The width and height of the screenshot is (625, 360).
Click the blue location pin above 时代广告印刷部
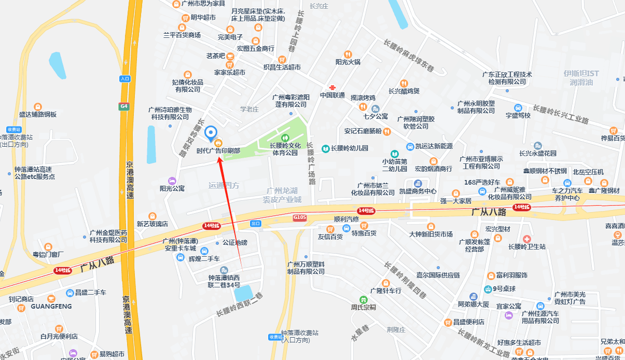pos(211,133)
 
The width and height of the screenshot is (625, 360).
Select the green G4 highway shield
pos(123,106)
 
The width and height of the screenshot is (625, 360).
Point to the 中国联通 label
pos(332,95)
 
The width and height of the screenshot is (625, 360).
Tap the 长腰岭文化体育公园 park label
pos(284,149)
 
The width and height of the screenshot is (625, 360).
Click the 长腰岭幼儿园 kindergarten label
pos(349,148)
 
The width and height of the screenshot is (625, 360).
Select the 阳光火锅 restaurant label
pos(348,62)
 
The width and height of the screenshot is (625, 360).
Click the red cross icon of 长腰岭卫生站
pos(527,238)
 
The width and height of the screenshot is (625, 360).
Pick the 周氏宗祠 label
pos(363,307)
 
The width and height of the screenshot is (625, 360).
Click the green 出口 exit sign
pos(255,224)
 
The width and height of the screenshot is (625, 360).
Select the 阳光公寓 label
pos(172,188)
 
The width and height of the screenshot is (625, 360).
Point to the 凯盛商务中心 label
pos(418,191)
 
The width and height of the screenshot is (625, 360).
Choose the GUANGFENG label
pos(51,306)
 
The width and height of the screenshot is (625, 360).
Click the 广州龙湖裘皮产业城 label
pos(282,195)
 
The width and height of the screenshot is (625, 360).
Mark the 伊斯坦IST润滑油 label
pos(581,78)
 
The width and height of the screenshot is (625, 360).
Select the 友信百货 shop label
pos(330,237)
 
